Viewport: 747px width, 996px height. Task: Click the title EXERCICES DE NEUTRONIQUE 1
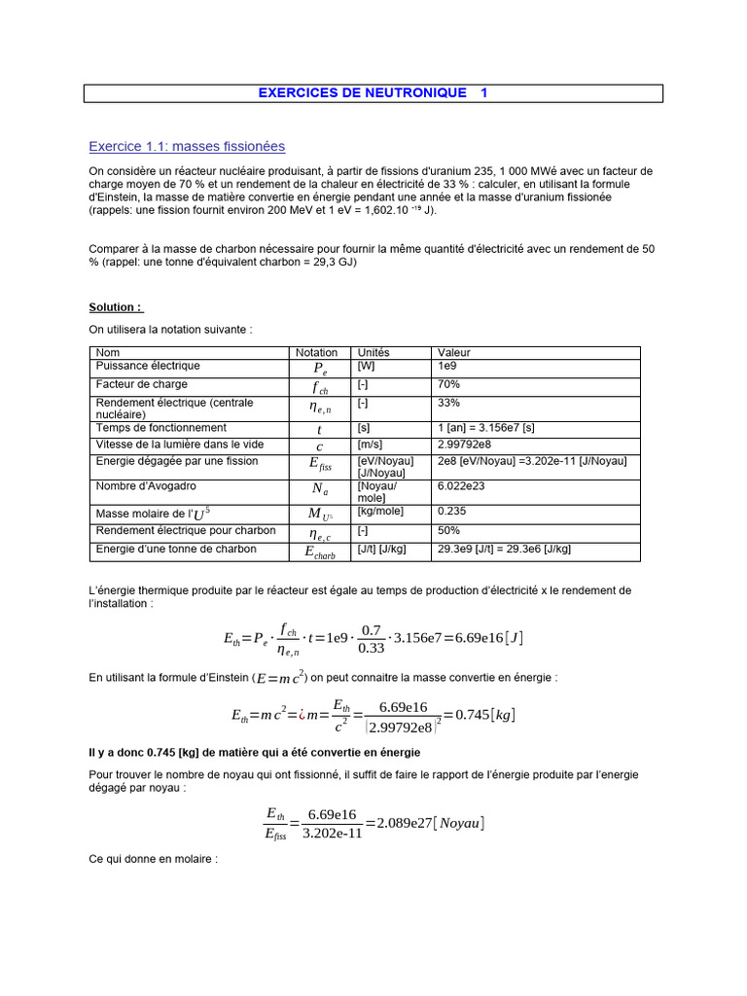373,93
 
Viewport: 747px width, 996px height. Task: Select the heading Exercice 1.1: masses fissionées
187,147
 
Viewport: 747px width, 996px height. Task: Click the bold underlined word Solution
116,307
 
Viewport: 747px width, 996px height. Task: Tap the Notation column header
317,353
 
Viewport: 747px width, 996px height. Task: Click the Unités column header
373,353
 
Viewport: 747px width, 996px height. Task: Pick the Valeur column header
454,353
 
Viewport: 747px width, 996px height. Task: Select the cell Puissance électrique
148,367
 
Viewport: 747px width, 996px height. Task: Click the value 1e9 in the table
448,367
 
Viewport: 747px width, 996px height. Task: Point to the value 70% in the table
449,385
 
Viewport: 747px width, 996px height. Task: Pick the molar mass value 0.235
452,511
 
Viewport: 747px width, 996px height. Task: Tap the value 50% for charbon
449,531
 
